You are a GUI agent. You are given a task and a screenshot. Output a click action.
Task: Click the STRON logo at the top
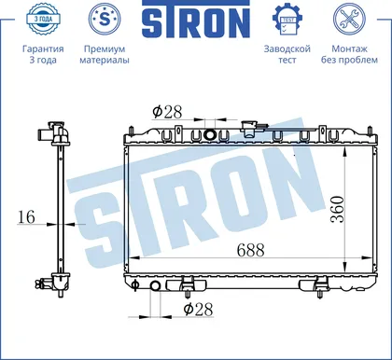tap(196, 19)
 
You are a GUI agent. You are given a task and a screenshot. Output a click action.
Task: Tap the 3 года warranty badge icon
tap(43, 19)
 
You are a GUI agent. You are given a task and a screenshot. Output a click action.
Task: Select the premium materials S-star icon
tap(105, 19)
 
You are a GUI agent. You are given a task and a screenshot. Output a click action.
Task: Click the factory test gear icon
tap(287, 20)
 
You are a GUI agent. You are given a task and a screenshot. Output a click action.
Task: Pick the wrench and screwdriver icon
tap(349, 19)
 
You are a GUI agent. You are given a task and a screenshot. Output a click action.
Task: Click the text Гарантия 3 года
tap(43, 54)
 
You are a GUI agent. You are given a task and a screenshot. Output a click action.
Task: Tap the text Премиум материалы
tap(105, 54)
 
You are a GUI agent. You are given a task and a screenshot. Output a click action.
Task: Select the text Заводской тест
tap(287, 54)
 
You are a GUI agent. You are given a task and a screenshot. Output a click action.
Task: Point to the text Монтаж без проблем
tap(349, 54)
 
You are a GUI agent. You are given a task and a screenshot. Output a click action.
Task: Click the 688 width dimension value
tap(250, 250)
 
